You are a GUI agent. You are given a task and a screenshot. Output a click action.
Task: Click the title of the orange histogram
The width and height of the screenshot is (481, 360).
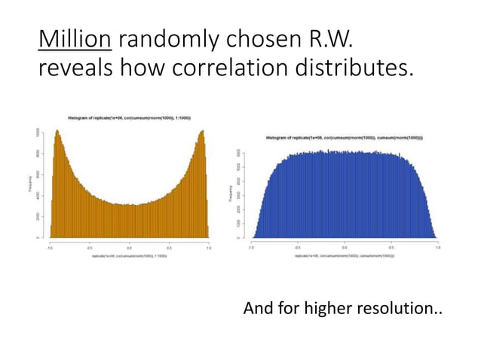tap(129, 118)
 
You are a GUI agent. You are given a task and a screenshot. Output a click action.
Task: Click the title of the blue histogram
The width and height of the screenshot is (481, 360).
tap(345, 138)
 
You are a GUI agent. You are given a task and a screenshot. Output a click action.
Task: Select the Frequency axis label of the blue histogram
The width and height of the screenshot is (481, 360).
tap(231, 194)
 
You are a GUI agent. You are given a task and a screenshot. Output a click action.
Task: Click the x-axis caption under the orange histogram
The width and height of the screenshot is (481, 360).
tap(129, 256)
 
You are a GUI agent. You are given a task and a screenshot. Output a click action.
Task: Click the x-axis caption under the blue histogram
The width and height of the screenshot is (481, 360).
tap(345, 256)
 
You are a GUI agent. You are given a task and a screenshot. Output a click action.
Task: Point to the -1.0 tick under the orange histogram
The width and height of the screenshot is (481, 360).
tap(50, 246)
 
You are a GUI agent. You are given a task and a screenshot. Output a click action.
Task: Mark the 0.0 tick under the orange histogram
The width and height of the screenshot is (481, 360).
tap(129, 246)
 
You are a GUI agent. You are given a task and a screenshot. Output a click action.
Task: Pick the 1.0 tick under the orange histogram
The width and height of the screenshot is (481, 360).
tap(208, 246)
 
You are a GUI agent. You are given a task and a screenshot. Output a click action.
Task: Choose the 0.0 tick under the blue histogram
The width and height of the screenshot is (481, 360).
tap(345, 246)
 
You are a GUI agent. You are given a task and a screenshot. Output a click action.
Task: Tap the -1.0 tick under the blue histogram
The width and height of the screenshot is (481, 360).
tap(251, 246)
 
